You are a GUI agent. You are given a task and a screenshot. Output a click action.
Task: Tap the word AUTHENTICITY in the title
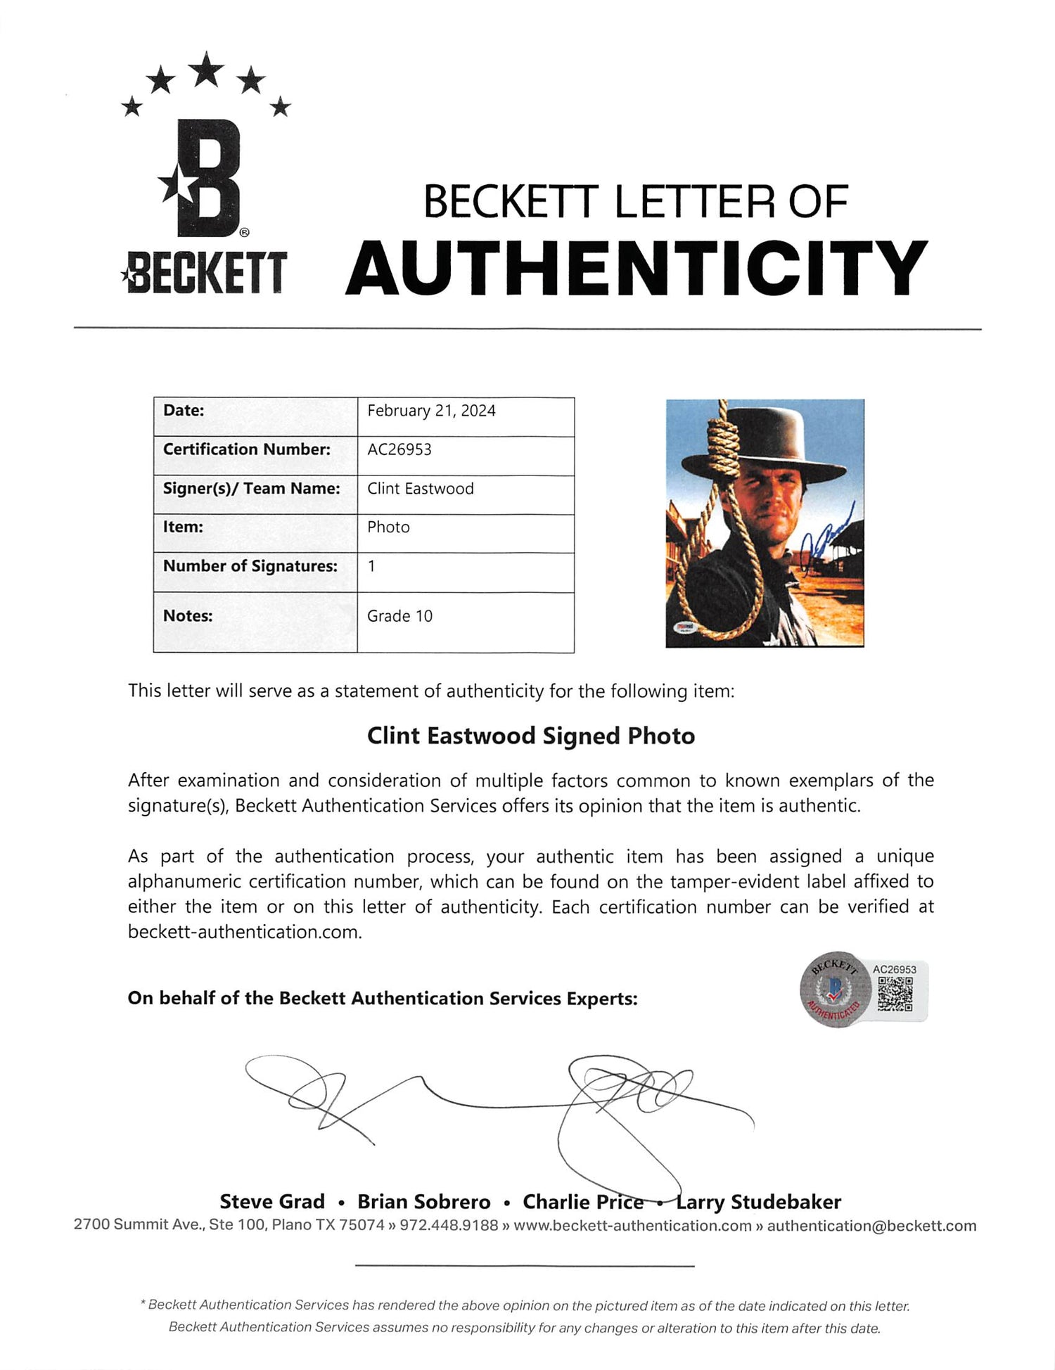pyautogui.click(x=637, y=269)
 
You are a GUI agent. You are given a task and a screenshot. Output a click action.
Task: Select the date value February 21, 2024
pyautogui.click(x=431, y=411)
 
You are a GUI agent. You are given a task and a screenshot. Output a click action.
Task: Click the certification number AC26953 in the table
pyautogui.click(x=399, y=449)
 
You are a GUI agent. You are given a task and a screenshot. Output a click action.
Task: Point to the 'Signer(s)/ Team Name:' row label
pyautogui.click(x=251, y=488)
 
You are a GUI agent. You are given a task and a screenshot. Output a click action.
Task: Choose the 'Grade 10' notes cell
pyautogui.click(x=399, y=616)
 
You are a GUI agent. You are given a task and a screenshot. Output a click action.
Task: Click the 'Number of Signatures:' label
pyautogui.click(x=250, y=566)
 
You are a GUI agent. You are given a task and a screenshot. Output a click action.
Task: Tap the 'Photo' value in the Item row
pyautogui.click(x=388, y=527)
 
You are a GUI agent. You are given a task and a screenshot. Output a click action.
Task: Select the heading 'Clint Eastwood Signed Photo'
pyautogui.click(x=531, y=736)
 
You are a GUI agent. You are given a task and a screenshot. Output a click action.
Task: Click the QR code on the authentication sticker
pyautogui.click(x=895, y=994)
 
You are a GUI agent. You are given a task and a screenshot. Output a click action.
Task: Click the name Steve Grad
pyautogui.click(x=272, y=1201)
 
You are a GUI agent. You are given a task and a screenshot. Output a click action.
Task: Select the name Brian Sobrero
pyautogui.click(x=423, y=1201)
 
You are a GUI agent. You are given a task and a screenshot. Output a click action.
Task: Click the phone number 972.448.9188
pyautogui.click(x=449, y=1225)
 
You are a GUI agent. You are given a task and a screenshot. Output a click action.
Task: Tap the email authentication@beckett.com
pyautogui.click(x=871, y=1225)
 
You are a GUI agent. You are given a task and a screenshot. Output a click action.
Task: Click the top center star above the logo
pyautogui.click(x=206, y=70)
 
